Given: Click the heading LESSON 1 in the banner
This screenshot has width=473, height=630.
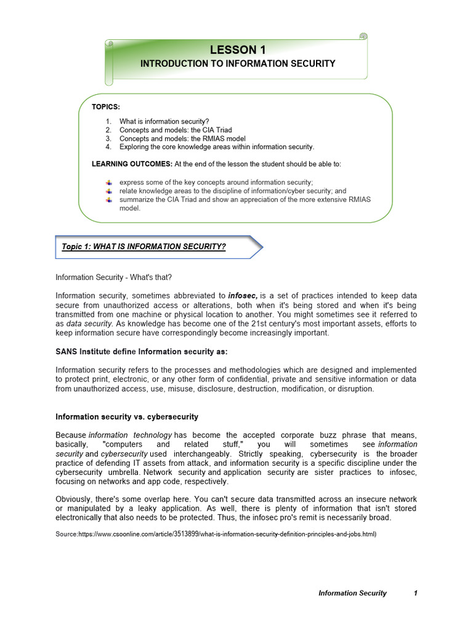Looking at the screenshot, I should point(238,50).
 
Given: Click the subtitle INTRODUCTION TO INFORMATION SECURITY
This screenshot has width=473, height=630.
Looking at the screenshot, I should point(238,63).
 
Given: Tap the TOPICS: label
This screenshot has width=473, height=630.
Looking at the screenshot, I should point(106,107).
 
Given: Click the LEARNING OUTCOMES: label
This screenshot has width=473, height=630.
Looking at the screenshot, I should point(132,164).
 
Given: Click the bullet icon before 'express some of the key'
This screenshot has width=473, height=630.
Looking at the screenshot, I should point(109,182).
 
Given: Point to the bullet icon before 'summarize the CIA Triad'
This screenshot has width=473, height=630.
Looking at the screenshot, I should point(109,199).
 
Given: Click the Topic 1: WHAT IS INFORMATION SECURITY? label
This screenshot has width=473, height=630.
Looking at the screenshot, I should point(144,247).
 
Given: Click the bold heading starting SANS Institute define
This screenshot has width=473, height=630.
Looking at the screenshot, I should point(142,351).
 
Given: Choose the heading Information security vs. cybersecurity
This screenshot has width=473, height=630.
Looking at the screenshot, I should point(127,417).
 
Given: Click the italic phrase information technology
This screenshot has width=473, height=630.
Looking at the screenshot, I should point(127,435).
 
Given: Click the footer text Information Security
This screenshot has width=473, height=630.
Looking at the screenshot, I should point(352,593).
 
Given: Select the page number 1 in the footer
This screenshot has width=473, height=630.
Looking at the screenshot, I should point(416,593).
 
